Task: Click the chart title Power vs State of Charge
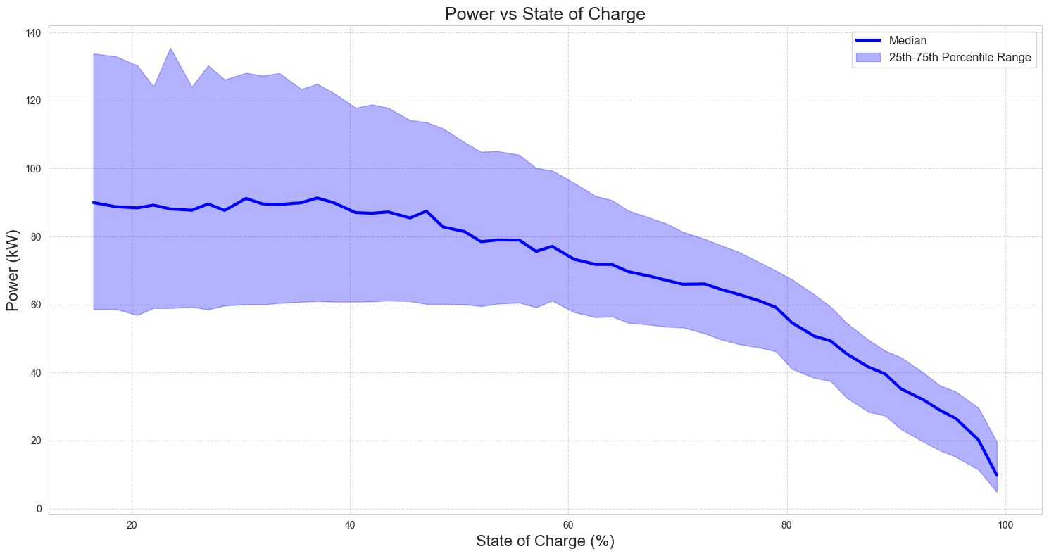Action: [x=524, y=14]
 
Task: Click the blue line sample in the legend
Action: [x=867, y=41]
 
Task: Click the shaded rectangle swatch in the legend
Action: [x=867, y=58]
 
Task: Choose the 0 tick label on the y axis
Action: [x=39, y=508]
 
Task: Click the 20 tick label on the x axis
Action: [x=132, y=524]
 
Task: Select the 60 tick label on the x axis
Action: [x=568, y=524]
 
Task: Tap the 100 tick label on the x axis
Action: [x=1005, y=524]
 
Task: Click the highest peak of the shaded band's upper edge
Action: [x=170, y=49]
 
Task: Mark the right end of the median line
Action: [x=996, y=475]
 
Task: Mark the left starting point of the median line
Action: [x=94, y=203]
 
